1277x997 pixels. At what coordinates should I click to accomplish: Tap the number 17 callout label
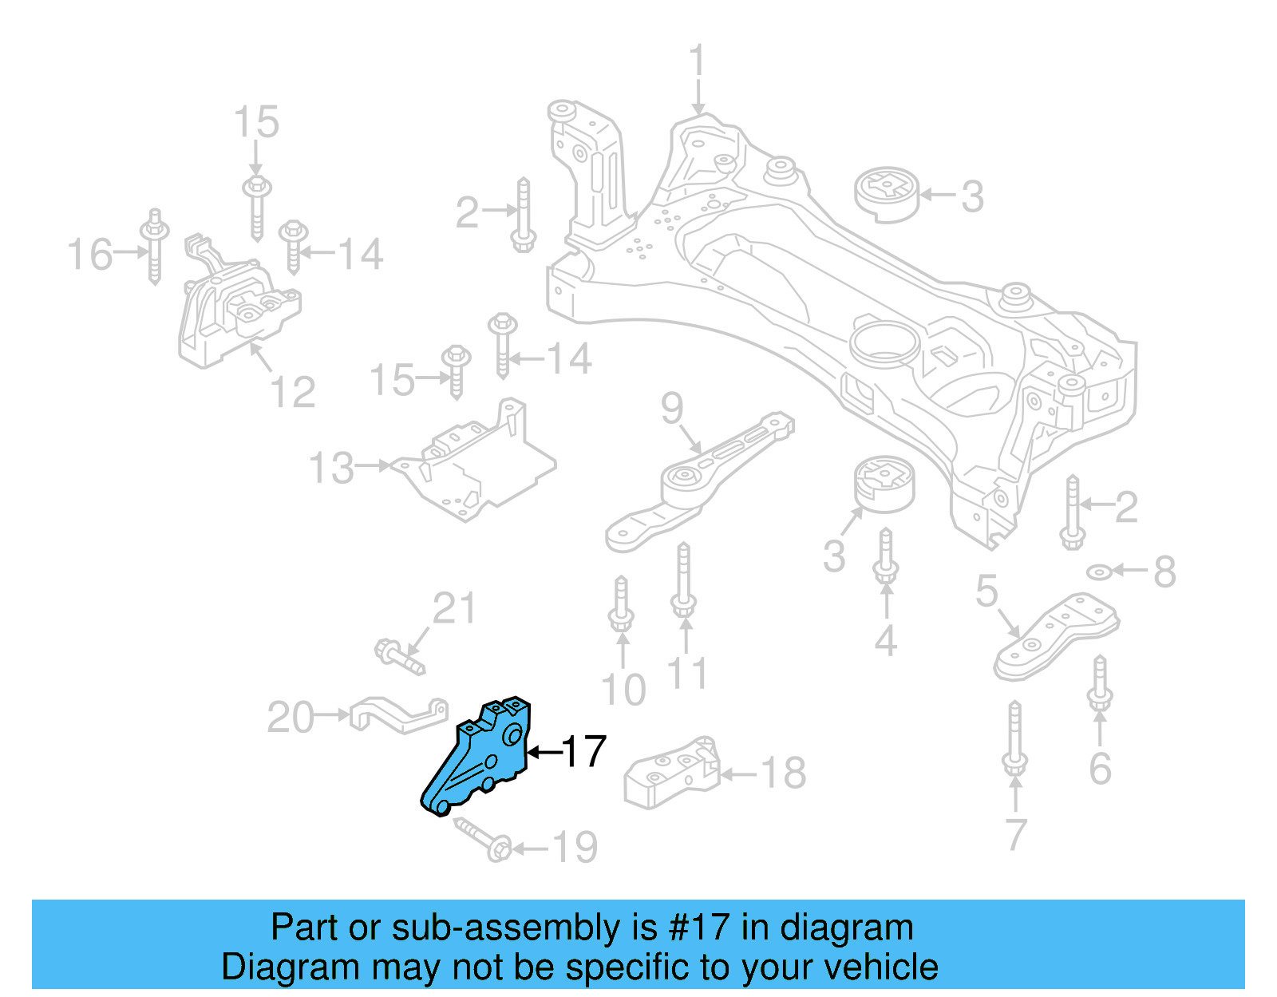[x=584, y=751]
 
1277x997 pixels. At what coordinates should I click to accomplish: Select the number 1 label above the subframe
[x=698, y=61]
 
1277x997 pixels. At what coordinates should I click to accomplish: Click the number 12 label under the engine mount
[x=292, y=391]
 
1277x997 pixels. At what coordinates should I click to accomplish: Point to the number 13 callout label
[x=331, y=468]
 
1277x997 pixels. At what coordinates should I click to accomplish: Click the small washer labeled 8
[x=1100, y=572]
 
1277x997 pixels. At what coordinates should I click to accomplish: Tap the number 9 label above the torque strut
[x=672, y=408]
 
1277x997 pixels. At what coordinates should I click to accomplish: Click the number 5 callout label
[x=986, y=591]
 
